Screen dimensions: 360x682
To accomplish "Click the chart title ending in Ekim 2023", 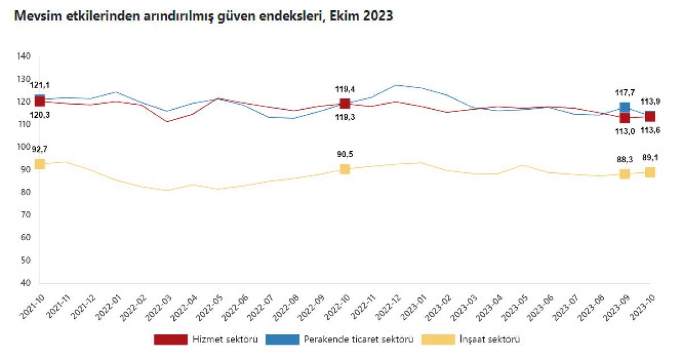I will (x=204, y=17).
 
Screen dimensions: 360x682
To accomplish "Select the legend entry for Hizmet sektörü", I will (x=206, y=340).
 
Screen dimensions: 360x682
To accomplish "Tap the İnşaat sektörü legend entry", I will (x=471, y=340).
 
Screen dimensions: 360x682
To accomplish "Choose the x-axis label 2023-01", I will (x=415, y=307).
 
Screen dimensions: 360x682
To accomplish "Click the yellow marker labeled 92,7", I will (x=39, y=164).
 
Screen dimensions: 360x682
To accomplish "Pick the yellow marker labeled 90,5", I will (x=345, y=169).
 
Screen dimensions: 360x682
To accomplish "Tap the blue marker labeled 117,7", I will (x=625, y=107).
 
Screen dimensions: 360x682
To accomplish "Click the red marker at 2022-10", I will (x=345, y=104).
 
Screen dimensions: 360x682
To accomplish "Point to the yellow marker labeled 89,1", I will (x=650, y=172).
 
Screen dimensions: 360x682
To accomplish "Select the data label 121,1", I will (x=40, y=85).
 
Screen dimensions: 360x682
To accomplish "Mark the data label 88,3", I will (x=625, y=160).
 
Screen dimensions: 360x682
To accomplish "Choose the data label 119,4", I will (x=345, y=89).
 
